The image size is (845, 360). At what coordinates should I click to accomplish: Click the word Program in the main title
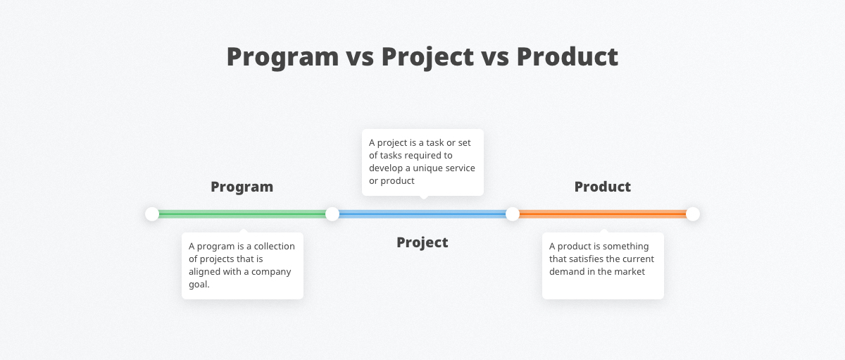(282, 57)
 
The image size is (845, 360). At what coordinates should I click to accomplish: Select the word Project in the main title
(427, 57)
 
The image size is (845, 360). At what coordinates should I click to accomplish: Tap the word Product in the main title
(568, 56)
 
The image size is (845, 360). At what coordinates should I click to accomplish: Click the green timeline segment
(242, 214)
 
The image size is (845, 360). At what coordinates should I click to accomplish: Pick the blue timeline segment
(423, 214)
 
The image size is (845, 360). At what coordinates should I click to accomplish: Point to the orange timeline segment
(603, 214)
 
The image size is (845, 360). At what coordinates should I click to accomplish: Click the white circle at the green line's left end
(152, 214)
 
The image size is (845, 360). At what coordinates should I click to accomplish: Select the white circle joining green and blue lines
(332, 214)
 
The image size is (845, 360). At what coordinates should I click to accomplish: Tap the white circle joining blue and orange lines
(513, 214)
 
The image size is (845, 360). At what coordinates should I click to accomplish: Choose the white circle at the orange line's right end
(693, 214)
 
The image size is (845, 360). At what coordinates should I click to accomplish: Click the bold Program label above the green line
(242, 187)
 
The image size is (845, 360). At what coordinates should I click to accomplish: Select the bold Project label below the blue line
(422, 242)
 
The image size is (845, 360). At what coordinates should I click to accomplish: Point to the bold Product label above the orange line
(603, 187)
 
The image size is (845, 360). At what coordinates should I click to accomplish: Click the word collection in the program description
(274, 246)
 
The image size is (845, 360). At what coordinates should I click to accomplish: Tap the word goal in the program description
(199, 285)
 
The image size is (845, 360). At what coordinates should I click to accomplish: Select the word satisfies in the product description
(586, 259)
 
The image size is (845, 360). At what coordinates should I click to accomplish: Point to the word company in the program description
(271, 272)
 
